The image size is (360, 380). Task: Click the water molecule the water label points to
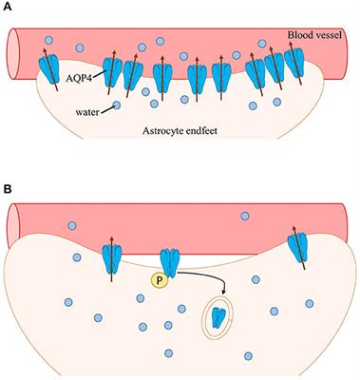point(115,107)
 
